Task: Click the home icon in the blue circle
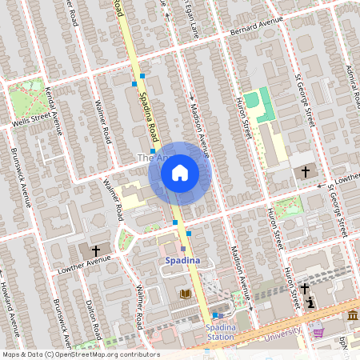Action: click(x=180, y=173)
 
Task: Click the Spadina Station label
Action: click(x=220, y=332)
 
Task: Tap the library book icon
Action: click(x=186, y=294)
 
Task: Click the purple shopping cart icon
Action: click(x=318, y=332)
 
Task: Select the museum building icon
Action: click(x=351, y=316)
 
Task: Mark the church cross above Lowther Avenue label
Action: click(x=96, y=250)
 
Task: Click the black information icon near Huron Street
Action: click(x=310, y=302)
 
